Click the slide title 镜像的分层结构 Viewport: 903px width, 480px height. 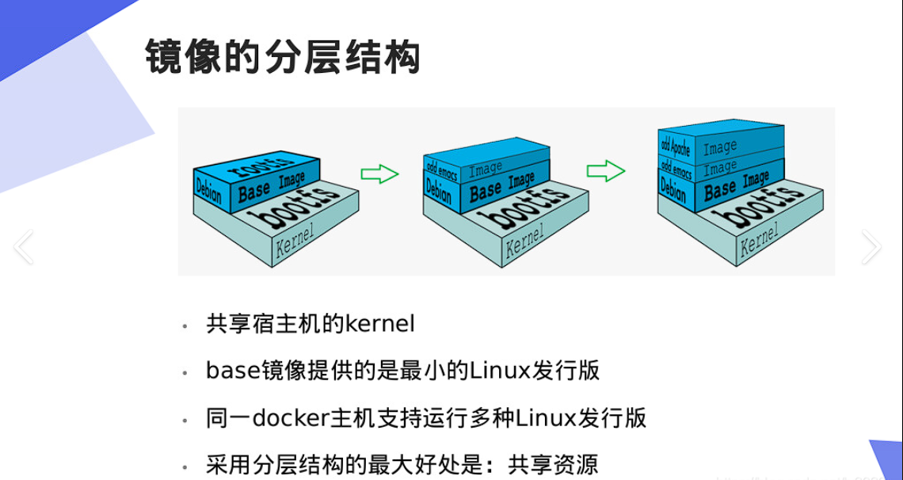(282, 58)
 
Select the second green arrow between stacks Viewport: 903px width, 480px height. (606, 170)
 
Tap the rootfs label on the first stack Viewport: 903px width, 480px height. (261, 167)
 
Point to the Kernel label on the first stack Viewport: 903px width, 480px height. (295, 241)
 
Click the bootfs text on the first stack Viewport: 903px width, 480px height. (286, 208)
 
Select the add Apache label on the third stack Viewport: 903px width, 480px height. (676, 145)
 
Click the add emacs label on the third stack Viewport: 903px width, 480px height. (676, 167)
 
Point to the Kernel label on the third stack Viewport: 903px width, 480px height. (759, 240)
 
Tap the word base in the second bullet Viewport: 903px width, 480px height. (228, 370)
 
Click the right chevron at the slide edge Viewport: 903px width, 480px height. (871, 247)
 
